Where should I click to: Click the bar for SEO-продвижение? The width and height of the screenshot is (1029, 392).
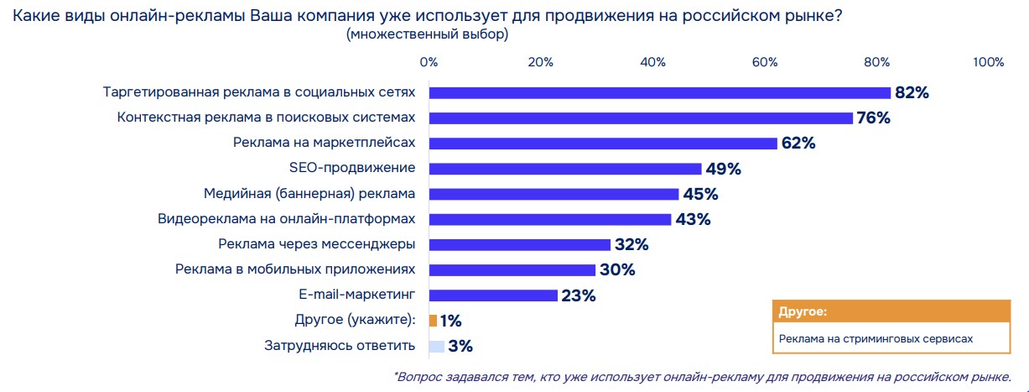click(x=564, y=169)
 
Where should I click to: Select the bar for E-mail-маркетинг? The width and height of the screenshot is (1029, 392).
click(x=493, y=295)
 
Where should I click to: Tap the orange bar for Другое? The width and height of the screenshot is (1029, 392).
click(x=433, y=321)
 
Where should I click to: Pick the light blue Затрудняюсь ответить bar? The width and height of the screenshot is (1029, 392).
click(x=436, y=346)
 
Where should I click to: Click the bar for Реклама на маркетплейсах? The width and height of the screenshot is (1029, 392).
click(x=603, y=144)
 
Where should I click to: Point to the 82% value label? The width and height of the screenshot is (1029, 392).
click(x=912, y=93)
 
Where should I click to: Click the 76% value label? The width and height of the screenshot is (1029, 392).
click(x=874, y=118)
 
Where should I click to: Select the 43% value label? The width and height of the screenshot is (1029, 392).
click(x=694, y=220)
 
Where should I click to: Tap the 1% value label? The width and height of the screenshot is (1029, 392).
click(x=451, y=321)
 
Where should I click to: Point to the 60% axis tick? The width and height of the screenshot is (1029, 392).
click(x=765, y=62)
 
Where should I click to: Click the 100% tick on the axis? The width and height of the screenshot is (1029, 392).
click(x=988, y=62)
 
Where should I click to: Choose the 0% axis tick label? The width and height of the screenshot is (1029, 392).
click(x=429, y=62)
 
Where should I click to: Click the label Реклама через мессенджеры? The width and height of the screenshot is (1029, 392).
click(x=317, y=245)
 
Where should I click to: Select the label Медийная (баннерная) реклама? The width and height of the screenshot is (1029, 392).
click(x=309, y=194)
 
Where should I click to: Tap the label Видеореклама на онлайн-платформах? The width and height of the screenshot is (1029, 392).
click(x=287, y=220)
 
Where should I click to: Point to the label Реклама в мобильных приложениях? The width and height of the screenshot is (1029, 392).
click(x=295, y=270)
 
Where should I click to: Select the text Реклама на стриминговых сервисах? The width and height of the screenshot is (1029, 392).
click(x=876, y=338)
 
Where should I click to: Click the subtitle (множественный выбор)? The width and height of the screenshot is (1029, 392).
click(x=427, y=35)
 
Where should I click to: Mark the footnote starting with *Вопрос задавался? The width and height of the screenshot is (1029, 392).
click(x=702, y=376)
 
